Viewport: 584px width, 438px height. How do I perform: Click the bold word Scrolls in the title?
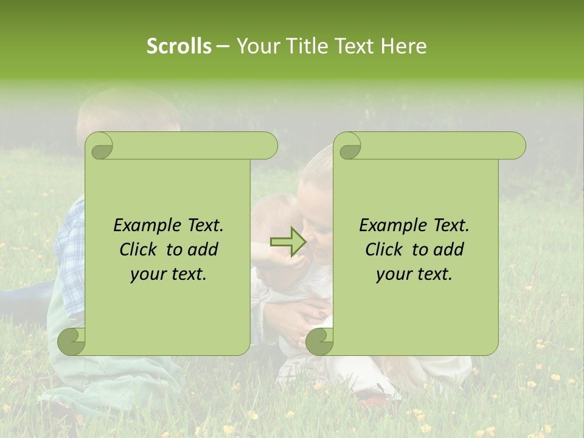click(x=179, y=46)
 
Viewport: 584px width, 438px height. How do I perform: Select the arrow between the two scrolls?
click(x=287, y=242)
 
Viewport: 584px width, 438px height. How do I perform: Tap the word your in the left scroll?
click(x=147, y=274)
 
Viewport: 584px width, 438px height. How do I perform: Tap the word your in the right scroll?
click(x=392, y=274)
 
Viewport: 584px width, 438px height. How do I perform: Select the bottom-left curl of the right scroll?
click(x=319, y=341)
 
